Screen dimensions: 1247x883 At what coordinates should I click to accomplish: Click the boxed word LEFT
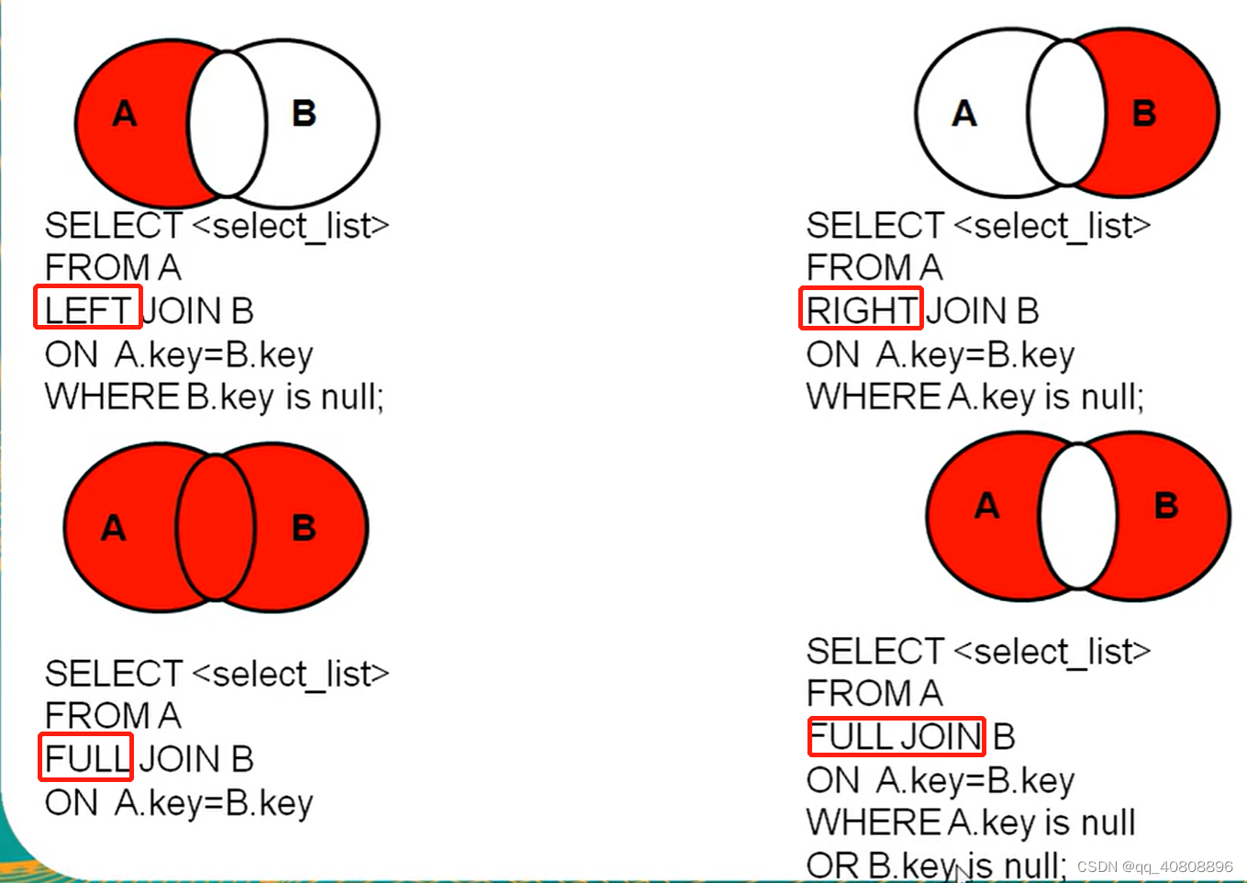point(87,309)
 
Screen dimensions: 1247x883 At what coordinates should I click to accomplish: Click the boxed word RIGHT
point(861,309)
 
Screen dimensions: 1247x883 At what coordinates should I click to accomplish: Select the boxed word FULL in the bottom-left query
point(86,758)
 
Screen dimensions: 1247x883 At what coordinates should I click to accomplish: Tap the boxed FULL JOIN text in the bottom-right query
point(896,736)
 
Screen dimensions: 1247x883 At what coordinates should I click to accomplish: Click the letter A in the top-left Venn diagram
point(124,114)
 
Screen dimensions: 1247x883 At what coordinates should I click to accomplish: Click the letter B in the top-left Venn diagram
point(304,114)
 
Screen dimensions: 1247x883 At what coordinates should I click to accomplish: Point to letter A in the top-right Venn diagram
point(963,114)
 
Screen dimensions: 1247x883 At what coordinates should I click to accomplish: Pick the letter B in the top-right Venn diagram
point(1143,114)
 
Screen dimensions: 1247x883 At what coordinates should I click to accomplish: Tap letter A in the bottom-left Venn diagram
point(113,528)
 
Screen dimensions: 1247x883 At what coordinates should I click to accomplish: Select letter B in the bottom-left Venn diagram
point(304,528)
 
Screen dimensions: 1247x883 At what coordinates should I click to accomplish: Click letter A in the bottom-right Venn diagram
point(986,506)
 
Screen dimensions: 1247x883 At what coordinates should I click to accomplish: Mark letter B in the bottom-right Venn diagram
point(1166,506)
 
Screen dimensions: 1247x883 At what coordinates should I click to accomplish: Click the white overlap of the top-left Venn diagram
point(228,123)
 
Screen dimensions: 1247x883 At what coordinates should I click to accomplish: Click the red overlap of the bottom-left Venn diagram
point(216,527)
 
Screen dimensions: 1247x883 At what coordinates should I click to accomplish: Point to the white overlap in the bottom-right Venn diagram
point(1078,516)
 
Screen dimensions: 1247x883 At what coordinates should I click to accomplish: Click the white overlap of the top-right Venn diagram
point(1066,113)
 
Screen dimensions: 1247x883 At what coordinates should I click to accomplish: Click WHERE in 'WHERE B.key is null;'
point(111,397)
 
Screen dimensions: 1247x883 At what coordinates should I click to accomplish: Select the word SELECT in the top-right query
point(874,226)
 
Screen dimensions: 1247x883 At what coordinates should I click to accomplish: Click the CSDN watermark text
point(1154,866)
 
